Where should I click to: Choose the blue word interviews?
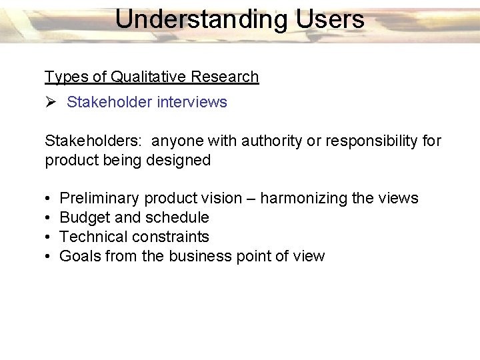[x=197, y=102]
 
